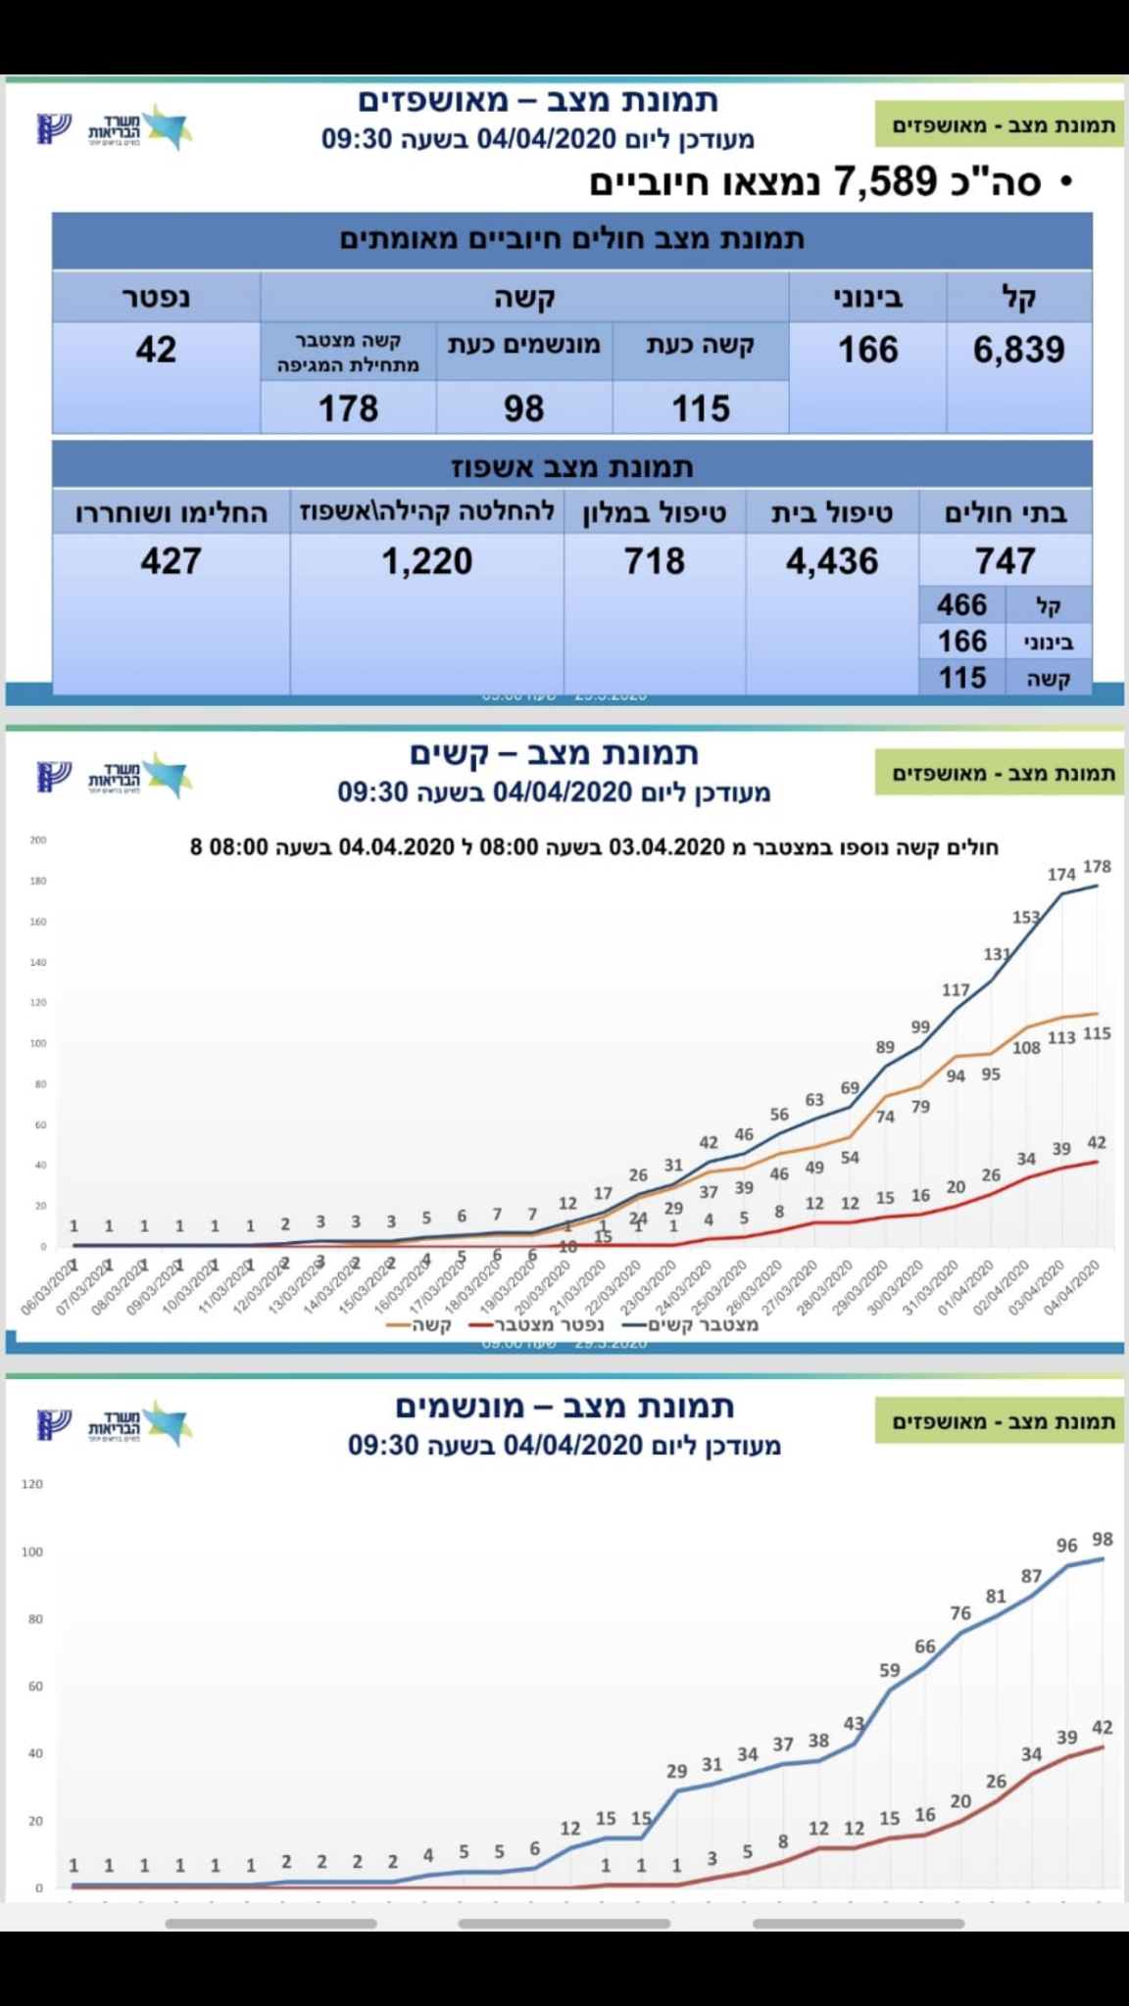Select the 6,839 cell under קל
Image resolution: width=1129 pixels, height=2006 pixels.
pyautogui.click(x=1018, y=350)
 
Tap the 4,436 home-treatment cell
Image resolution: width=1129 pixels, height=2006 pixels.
pyautogui.click(x=832, y=561)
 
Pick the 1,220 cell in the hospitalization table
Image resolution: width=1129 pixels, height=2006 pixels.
pyautogui.click(x=427, y=561)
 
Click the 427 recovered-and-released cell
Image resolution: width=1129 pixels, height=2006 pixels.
pyautogui.click(x=171, y=561)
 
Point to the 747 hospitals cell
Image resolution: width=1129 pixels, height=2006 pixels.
pyautogui.click(x=1005, y=561)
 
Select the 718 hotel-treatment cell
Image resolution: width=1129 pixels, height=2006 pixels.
pyautogui.click(x=655, y=561)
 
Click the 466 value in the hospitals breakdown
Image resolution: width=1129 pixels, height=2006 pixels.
pyautogui.click(x=961, y=604)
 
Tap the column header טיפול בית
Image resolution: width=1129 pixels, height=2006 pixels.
pyautogui.click(x=832, y=512)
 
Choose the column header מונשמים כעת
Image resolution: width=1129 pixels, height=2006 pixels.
pyautogui.click(x=524, y=345)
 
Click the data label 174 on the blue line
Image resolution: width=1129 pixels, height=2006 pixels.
pyautogui.click(x=1061, y=874)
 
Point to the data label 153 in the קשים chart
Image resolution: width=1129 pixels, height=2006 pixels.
pyautogui.click(x=1026, y=917)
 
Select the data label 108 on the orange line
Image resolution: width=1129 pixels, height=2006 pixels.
pyautogui.click(x=1026, y=1047)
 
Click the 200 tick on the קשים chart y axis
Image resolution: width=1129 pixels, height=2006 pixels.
pyautogui.click(x=38, y=839)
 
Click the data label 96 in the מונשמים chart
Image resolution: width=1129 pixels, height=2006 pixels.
pyautogui.click(x=1067, y=1545)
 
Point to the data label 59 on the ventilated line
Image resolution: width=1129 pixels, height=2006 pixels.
pyautogui.click(x=889, y=1669)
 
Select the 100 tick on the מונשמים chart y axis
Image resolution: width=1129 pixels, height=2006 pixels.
pyautogui.click(x=32, y=1552)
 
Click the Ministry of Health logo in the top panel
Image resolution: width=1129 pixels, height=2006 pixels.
pyautogui.click(x=114, y=128)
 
